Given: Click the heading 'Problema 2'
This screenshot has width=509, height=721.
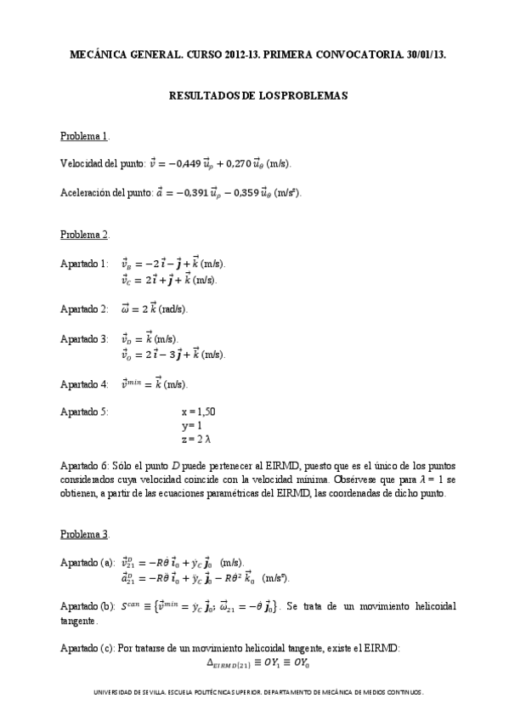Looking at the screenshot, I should point(83,234).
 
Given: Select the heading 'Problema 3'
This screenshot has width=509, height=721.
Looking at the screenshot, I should point(83,534).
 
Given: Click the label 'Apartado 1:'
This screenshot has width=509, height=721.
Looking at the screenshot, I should point(84,264).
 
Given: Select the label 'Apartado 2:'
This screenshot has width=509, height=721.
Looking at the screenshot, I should point(84,309).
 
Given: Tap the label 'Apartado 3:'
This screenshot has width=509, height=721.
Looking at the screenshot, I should point(84,338).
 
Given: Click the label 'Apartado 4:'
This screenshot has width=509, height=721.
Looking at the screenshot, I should point(84,383).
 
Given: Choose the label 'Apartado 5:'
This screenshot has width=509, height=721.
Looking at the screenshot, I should point(84,412).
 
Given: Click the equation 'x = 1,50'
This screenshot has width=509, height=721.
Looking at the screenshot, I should point(198,412).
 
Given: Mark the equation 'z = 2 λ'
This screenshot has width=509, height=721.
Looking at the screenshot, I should point(197,440).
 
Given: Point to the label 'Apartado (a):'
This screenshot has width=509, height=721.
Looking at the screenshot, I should point(88,562).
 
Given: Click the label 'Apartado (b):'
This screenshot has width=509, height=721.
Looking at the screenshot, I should point(88,606).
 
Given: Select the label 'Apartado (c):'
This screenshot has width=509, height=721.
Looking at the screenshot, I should point(88,650).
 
